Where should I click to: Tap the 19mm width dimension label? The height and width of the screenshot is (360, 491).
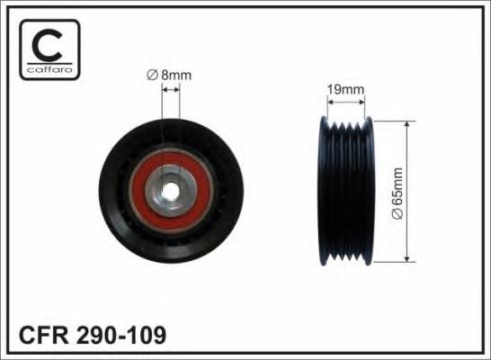click(x=345, y=89)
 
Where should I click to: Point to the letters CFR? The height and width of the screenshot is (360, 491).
click(x=43, y=337)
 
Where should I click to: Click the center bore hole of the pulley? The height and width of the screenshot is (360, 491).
click(x=171, y=191)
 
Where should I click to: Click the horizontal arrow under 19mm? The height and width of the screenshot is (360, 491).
click(x=346, y=102)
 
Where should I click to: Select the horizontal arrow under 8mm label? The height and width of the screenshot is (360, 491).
click(x=171, y=92)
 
